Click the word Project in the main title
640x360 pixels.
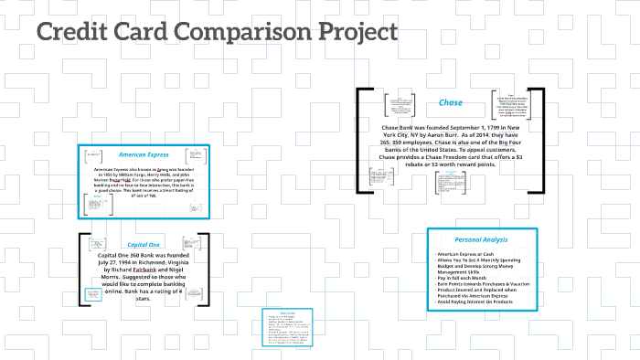tap(353, 33)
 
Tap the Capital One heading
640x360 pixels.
tap(143, 245)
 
